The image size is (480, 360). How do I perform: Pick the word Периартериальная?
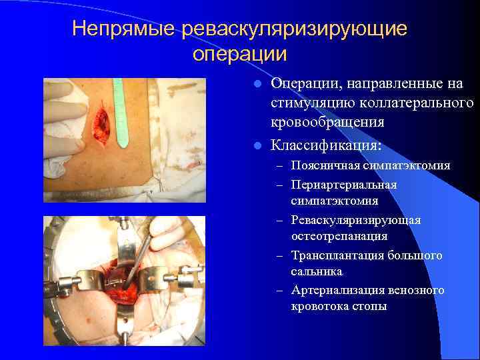coord(344,185)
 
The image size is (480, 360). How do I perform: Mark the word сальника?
coord(316,271)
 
